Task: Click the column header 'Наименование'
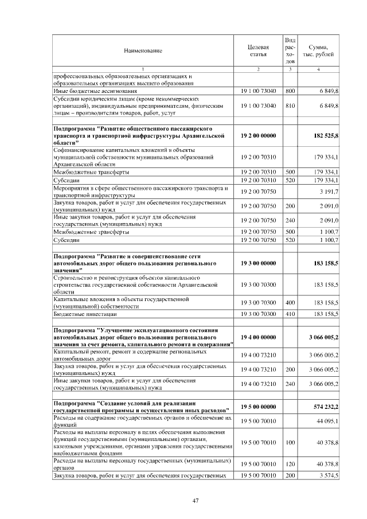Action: pyautogui.click(x=143, y=50)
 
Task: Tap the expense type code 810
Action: pyautogui.click(x=290, y=106)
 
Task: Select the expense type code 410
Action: pyautogui.click(x=290, y=314)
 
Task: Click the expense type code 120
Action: pyautogui.click(x=290, y=463)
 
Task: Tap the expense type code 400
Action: pyautogui.click(x=290, y=302)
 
